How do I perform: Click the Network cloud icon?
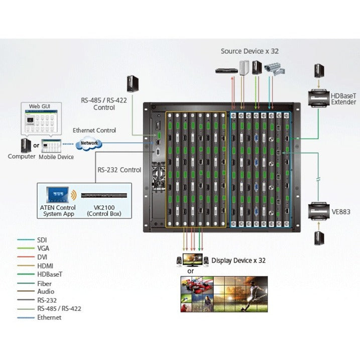point(88,144)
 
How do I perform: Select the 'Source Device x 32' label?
point(250,51)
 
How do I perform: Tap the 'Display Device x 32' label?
point(238,260)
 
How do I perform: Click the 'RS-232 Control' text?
point(119,170)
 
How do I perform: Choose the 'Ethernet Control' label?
point(94,131)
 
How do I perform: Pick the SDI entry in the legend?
point(44,241)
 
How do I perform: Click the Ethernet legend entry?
point(49,317)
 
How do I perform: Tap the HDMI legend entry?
point(45,266)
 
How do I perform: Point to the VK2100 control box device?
point(104,195)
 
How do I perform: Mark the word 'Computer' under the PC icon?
point(22,157)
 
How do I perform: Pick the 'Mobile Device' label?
point(57,157)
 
